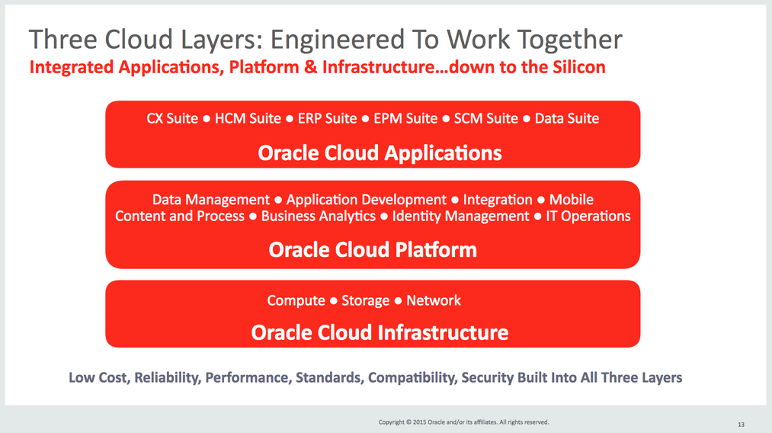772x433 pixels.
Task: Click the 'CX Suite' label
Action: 171,118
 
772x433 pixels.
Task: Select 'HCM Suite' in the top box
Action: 248,118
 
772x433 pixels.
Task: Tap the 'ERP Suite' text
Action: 327,118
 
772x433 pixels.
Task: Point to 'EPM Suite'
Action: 405,118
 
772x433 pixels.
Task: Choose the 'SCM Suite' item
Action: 486,118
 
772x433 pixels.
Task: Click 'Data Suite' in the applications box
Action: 567,118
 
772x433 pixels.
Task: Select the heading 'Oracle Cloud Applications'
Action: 380,153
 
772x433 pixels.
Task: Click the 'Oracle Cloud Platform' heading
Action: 373,250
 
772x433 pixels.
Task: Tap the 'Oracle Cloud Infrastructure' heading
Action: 380,332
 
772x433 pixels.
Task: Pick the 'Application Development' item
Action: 367,200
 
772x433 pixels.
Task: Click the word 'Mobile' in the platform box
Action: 571,200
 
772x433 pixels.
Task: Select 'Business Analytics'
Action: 318,216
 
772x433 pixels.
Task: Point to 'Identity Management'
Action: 460,216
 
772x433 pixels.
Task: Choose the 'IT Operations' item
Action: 588,216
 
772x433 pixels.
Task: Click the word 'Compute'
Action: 296,300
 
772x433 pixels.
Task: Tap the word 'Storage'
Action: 365,300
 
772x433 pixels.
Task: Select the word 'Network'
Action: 434,300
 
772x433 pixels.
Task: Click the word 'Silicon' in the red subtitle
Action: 579,67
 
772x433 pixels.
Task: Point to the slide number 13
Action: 741,425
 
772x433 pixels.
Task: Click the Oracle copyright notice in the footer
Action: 463,422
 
